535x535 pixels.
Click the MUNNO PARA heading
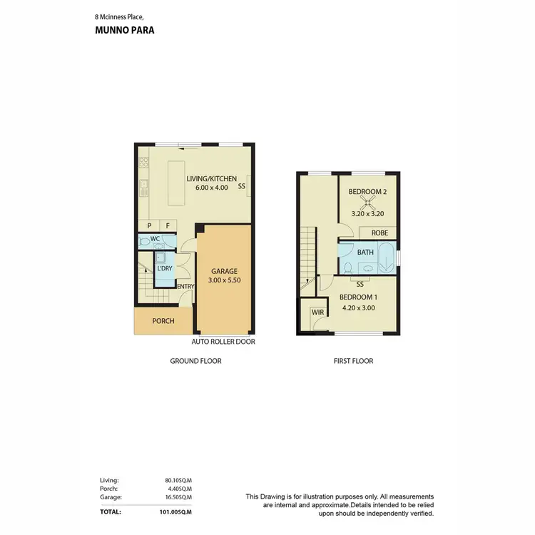click(125, 31)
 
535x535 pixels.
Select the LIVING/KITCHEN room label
click(212, 179)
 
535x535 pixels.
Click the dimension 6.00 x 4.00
click(212, 188)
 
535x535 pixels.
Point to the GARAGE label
click(224, 271)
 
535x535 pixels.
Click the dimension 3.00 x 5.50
click(224, 280)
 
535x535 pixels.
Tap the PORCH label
click(163, 321)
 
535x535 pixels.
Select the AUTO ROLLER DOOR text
click(224, 342)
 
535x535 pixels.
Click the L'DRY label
click(163, 268)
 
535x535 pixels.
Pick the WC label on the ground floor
click(155, 238)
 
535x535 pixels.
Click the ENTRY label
click(185, 287)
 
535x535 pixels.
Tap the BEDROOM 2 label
click(368, 192)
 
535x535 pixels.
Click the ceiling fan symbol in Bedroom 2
click(368, 202)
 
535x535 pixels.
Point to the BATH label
click(365, 252)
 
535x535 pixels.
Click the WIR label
click(317, 312)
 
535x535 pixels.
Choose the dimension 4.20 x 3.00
click(357, 308)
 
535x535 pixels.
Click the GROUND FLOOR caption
click(195, 361)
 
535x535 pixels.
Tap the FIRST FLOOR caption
click(353, 361)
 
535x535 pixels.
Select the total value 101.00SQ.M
click(173, 511)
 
